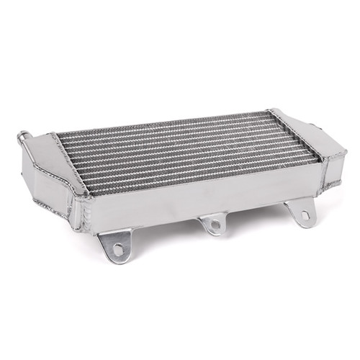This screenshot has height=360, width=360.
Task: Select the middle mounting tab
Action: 214,224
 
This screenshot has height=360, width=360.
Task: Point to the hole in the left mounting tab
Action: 117,249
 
